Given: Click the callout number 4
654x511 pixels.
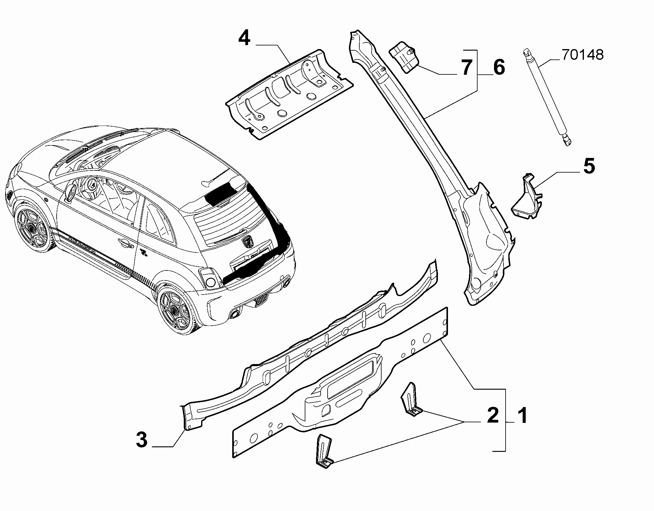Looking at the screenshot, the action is click(244, 39).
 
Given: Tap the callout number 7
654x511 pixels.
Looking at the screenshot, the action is click(467, 67).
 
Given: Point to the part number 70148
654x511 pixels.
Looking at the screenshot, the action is click(582, 55).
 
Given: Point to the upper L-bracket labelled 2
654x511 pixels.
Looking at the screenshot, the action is click(413, 400).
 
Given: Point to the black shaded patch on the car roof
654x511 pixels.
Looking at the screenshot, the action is click(219, 194).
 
